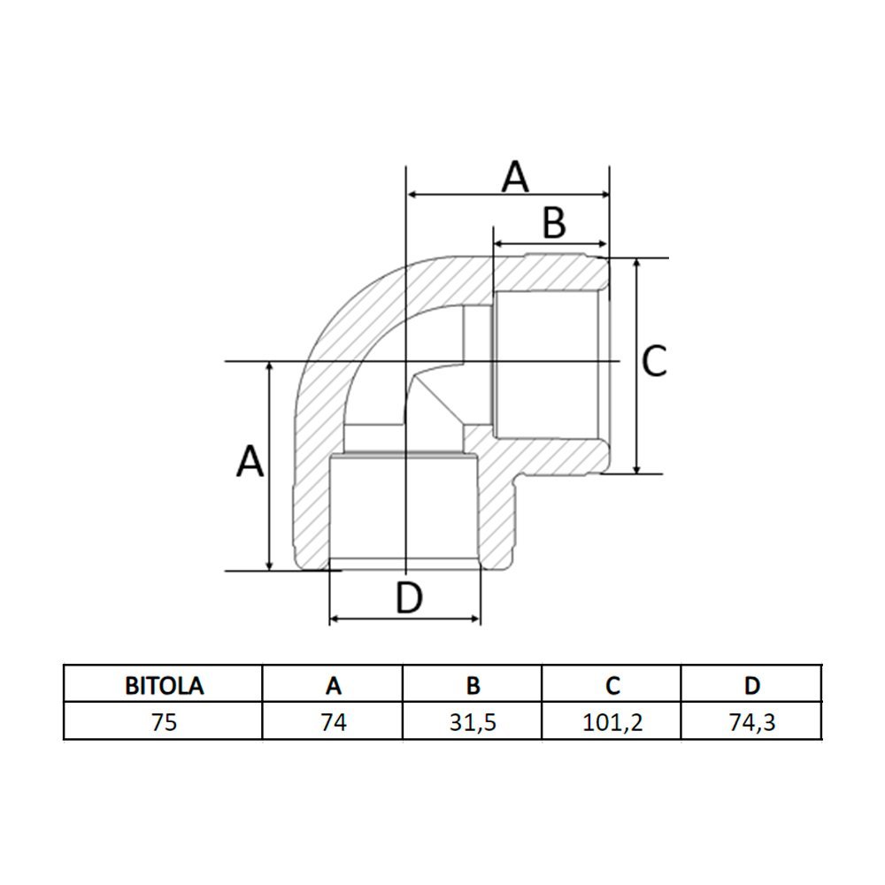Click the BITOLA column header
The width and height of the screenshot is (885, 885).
point(164,685)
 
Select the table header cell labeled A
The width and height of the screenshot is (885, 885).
point(333,685)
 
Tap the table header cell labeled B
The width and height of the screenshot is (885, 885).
point(473,685)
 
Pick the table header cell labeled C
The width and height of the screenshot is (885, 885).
point(612,685)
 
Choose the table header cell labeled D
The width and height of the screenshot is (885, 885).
point(751,685)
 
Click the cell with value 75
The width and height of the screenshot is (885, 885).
point(164,721)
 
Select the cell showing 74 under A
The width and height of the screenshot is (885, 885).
point(333,721)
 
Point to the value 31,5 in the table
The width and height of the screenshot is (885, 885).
point(473,721)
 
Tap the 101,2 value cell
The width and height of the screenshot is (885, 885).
point(612,721)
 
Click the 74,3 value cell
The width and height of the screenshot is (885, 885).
point(751,721)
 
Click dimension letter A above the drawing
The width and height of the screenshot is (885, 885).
point(515,176)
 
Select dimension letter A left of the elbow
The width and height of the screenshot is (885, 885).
point(250,461)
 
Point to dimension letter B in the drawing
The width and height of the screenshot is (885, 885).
point(553,223)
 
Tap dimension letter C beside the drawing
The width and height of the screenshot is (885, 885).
point(654,361)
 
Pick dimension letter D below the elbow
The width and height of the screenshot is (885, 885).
point(409,599)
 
